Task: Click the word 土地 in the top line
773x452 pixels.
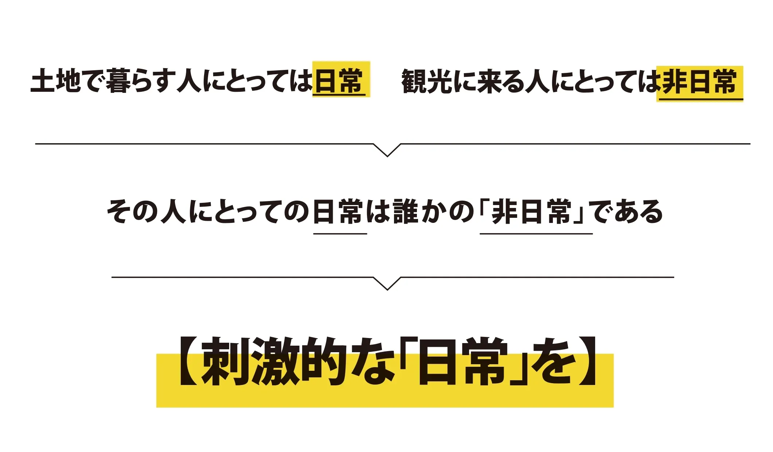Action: click(56, 80)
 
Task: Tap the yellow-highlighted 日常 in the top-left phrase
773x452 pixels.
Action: click(339, 80)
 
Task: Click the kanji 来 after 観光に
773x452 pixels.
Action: click(489, 81)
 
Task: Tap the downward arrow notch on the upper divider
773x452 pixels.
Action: click(387, 150)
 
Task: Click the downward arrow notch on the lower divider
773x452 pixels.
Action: click(387, 283)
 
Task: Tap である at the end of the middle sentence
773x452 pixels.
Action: click(626, 212)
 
